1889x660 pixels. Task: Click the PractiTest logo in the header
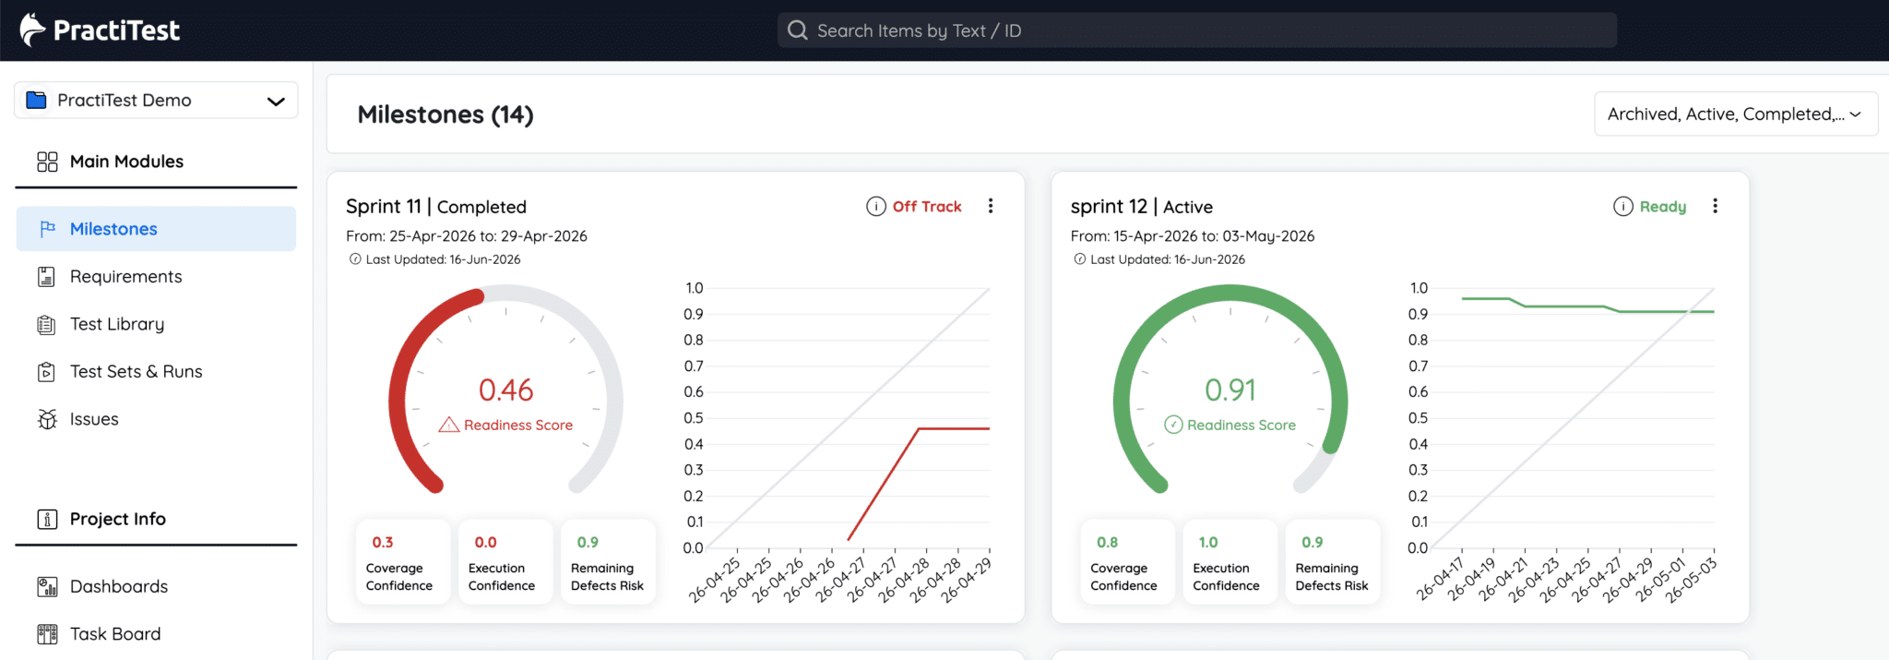pyautogui.click(x=100, y=30)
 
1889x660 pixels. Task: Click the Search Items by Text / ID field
pyautogui.click(x=1196, y=30)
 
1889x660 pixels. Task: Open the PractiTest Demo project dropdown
pyautogui.click(x=156, y=101)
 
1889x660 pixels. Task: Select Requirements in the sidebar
pyautogui.click(x=125, y=277)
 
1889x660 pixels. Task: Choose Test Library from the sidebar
pyautogui.click(x=117, y=324)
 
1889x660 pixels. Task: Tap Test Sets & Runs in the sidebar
pyautogui.click(x=136, y=372)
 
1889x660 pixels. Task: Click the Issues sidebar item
pyautogui.click(x=94, y=419)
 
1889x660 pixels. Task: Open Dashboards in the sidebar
pyautogui.click(x=119, y=586)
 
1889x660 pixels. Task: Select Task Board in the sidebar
pyautogui.click(x=115, y=634)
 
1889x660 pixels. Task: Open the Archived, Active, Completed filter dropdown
pyautogui.click(x=1735, y=114)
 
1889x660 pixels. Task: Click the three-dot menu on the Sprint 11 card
pyautogui.click(x=991, y=206)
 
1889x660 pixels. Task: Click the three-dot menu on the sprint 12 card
pyautogui.click(x=1715, y=206)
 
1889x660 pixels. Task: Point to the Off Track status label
pyautogui.click(x=927, y=207)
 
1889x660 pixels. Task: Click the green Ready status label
pyautogui.click(x=1662, y=207)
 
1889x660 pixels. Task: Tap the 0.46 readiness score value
pyautogui.click(x=505, y=390)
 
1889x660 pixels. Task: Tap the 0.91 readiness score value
pyautogui.click(x=1230, y=390)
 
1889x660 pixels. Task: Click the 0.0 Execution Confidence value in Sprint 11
pyautogui.click(x=485, y=543)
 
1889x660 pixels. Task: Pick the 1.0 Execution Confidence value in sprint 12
pyautogui.click(x=1208, y=543)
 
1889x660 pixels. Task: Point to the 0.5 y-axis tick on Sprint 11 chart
pyautogui.click(x=694, y=418)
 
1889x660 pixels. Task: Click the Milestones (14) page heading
pyautogui.click(x=446, y=114)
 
